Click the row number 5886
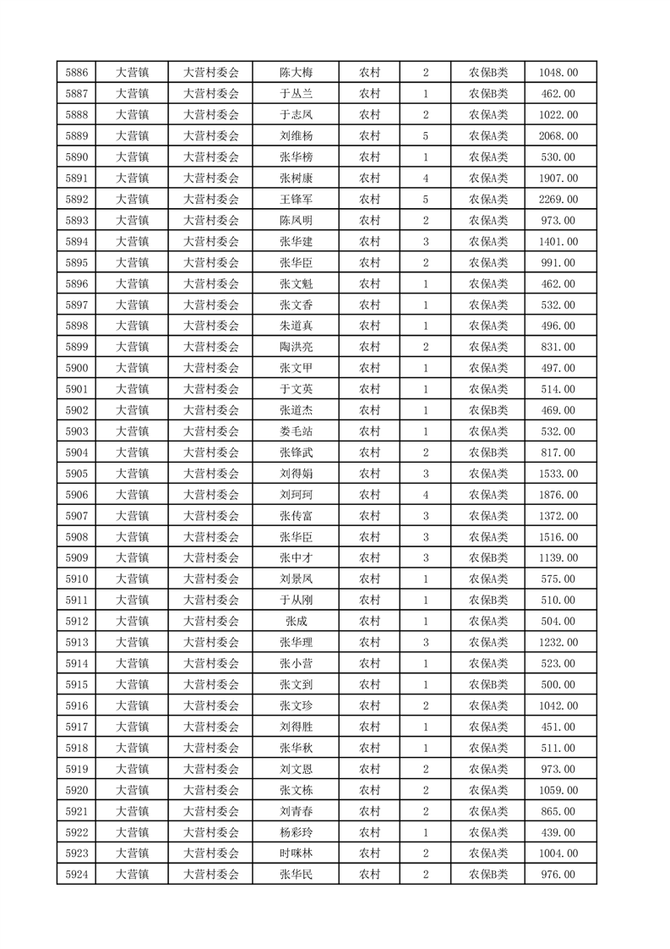click(x=76, y=73)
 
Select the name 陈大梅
click(x=296, y=73)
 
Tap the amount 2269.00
click(x=558, y=200)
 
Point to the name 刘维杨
click(x=296, y=136)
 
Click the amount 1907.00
click(x=558, y=178)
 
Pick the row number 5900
click(x=76, y=368)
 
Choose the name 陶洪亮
click(x=296, y=347)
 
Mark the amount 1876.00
click(x=558, y=495)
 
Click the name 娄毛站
click(x=296, y=431)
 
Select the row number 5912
click(x=76, y=621)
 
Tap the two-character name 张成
click(x=296, y=621)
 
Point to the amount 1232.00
click(x=558, y=642)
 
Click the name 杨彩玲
click(x=296, y=832)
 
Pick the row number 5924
click(x=76, y=875)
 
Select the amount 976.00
click(x=558, y=875)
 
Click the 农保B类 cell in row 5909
click(x=488, y=558)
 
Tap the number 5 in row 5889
click(x=425, y=136)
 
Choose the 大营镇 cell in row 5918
click(x=132, y=748)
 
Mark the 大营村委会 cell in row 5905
click(x=211, y=474)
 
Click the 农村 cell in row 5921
click(x=369, y=811)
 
